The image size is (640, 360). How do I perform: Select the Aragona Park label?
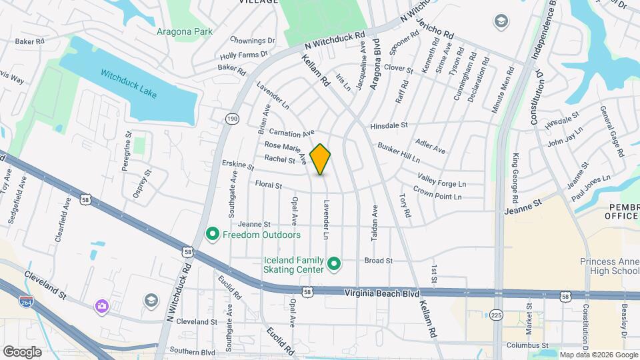click(184, 31)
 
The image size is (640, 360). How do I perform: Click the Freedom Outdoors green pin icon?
click(213, 235)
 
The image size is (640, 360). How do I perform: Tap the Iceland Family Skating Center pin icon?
click(335, 265)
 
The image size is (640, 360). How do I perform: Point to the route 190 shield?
click(231, 119)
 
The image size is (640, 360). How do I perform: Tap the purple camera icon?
click(101, 306)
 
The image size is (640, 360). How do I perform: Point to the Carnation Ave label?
click(291, 133)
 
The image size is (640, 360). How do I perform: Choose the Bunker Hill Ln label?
click(399, 153)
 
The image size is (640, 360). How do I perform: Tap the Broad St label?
click(378, 261)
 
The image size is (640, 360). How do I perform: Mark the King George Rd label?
click(515, 179)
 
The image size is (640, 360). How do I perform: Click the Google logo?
click(22, 352)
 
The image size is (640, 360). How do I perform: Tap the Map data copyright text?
click(599, 355)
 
